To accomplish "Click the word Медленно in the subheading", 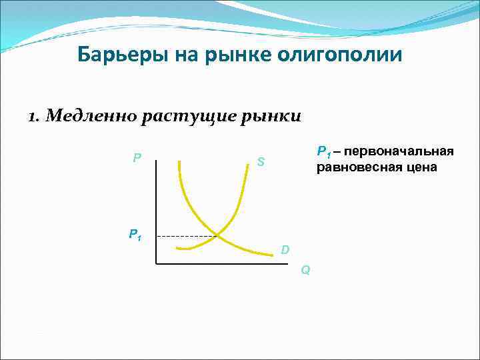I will [95, 117].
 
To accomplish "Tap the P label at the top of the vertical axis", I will [137, 158].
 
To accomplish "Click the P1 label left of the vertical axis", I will [135, 234].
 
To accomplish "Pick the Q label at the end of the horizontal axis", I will [305, 270].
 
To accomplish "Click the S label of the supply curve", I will [261, 161].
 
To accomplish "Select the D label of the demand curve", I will [285, 250].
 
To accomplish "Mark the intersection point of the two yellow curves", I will [218, 235].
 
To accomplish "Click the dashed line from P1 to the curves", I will [187, 236].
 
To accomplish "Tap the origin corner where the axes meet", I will [156, 264].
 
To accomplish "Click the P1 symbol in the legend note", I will [323, 152].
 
